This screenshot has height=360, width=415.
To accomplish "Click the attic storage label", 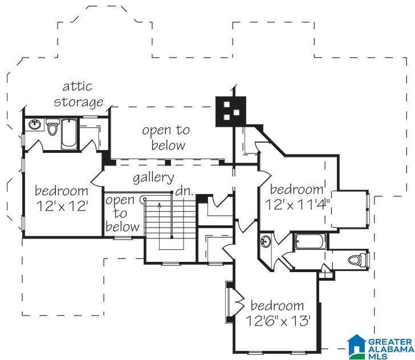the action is pyautogui.click(x=79, y=95).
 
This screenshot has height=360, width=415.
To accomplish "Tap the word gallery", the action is pyautogui.click(x=153, y=178).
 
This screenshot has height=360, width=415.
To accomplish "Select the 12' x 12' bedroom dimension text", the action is pyautogui.click(x=62, y=206).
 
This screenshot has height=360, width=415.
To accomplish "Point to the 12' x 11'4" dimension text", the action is pyautogui.click(x=298, y=204).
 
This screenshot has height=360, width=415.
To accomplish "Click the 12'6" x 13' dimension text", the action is pyautogui.click(x=278, y=321).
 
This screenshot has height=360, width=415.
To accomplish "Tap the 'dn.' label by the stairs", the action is pyautogui.click(x=184, y=191).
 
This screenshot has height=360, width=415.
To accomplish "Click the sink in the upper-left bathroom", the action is pyautogui.click(x=35, y=124).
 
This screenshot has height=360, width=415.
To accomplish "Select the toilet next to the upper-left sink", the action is pyautogui.click(x=52, y=127).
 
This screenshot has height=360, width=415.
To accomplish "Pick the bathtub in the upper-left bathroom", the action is pyautogui.click(x=70, y=134).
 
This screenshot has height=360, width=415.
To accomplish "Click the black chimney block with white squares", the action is pyautogui.click(x=230, y=111).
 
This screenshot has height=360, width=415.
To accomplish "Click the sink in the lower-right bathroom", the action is pyautogui.click(x=265, y=241).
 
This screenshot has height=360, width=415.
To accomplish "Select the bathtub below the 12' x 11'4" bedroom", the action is pyautogui.click(x=310, y=241).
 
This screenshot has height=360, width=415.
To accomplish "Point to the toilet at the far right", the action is pyautogui.click(x=356, y=260).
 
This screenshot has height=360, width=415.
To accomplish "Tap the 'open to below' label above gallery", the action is pyautogui.click(x=166, y=137).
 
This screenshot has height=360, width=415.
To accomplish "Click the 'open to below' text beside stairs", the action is pyautogui.click(x=122, y=213).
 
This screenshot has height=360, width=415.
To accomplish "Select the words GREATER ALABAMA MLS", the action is pyautogui.click(x=390, y=349).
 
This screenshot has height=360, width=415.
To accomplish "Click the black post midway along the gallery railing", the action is pyautogui.click(x=168, y=163).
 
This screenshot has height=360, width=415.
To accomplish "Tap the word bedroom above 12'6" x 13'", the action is pyautogui.click(x=277, y=306).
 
